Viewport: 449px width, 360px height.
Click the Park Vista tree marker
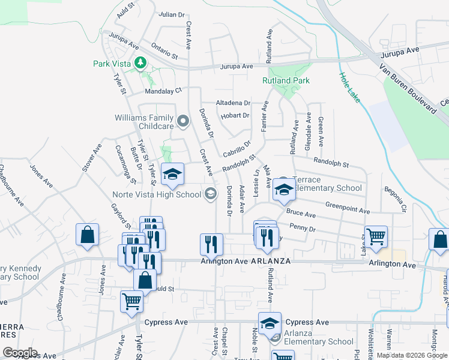click(x=140, y=62)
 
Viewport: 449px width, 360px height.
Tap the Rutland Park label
click(x=285, y=80)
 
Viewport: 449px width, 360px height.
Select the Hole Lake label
click(x=349, y=88)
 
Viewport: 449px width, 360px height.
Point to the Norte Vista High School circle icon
click(x=210, y=193)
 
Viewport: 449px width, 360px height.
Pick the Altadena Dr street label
click(x=234, y=103)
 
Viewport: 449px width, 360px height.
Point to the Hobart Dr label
click(x=235, y=115)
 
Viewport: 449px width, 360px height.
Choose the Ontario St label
click(x=164, y=50)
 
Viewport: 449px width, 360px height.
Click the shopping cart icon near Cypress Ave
click(x=132, y=302)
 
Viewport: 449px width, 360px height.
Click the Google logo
click(x=20, y=353)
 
